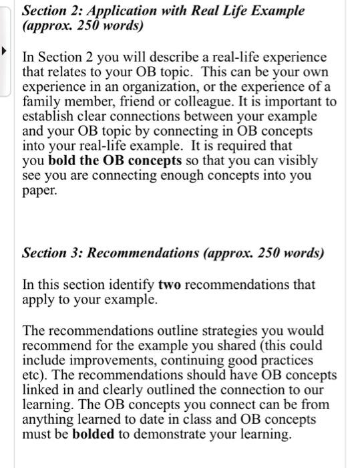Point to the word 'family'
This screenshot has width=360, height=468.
point(42,102)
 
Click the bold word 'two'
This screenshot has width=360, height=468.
point(170,284)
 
